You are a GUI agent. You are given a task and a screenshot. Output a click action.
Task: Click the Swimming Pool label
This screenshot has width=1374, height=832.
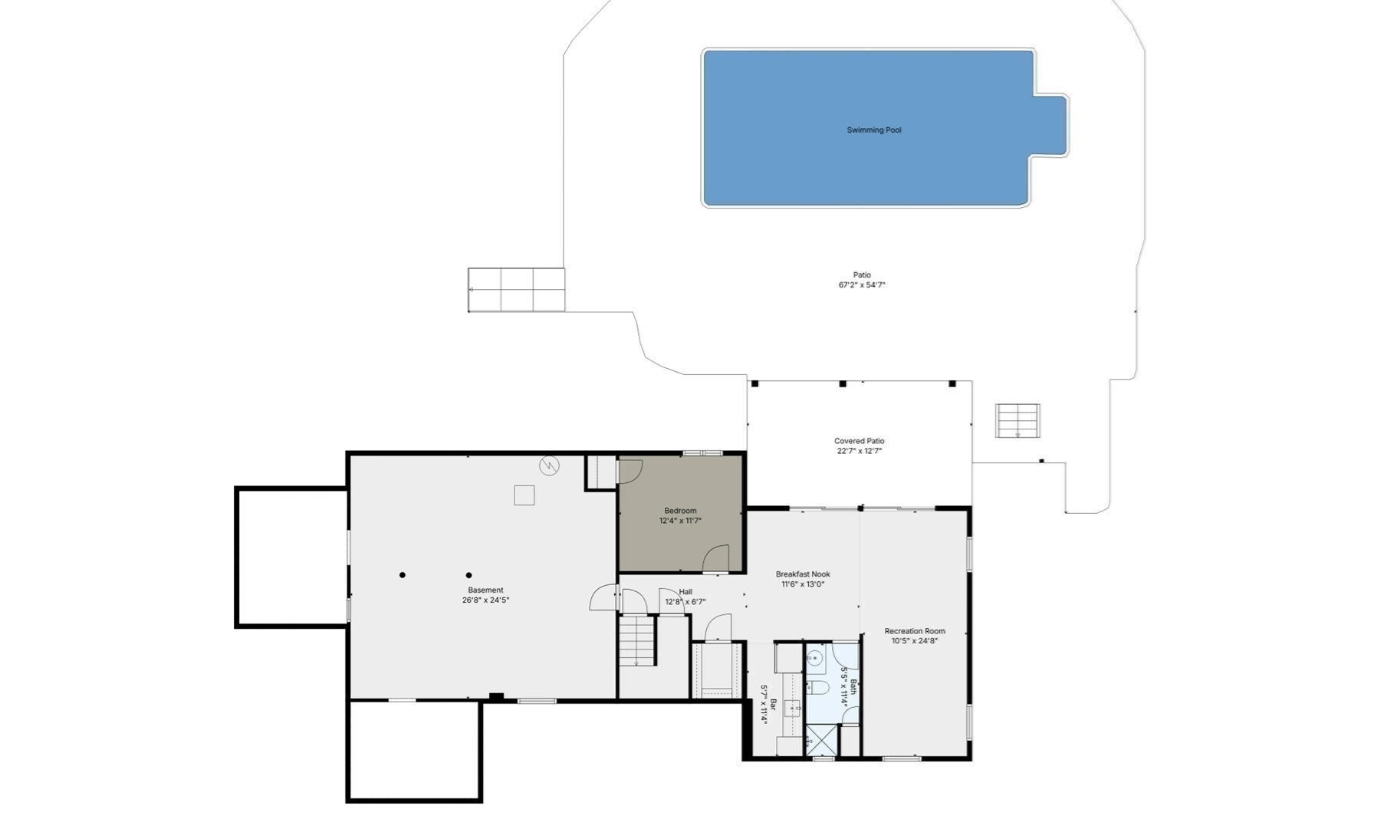coord(873,130)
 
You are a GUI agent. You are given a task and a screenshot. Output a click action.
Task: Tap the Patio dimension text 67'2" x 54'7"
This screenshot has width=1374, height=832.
coord(862,285)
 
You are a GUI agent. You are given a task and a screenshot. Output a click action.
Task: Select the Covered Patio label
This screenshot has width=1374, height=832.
coord(859,441)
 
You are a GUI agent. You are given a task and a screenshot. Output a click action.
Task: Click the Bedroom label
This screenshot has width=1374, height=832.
coord(680,511)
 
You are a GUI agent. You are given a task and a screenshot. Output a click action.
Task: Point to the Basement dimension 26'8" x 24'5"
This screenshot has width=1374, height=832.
coord(485,600)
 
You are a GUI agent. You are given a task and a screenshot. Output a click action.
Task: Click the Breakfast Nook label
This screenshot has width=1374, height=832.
coord(802,574)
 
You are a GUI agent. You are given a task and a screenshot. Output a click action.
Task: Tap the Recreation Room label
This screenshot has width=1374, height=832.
coord(914,631)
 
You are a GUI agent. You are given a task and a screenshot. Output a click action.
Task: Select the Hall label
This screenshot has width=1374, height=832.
coord(685,592)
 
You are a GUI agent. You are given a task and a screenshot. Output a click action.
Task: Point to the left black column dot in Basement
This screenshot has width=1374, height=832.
coord(403,575)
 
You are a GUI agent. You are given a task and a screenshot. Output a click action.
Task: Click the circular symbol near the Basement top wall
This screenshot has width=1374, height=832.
coord(549,465)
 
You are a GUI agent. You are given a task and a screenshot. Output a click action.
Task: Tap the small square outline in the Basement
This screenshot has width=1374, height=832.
coord(524,495)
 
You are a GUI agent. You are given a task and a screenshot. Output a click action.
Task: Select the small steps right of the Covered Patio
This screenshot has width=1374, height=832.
coord(1017,420)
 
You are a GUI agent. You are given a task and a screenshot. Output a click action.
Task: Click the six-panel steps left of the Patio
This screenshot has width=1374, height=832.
coord(516,290)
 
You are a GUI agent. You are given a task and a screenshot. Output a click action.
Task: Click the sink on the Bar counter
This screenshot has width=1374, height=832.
coord(793,708)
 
